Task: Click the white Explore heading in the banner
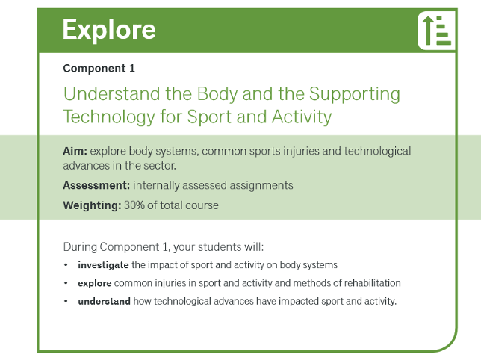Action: [x=109, y=30]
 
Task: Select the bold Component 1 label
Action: [x=99, y=69]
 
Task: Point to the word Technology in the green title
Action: [x=108, y=117]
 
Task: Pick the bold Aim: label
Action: [x=75, y=151]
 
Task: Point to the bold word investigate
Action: [x=103, y=265]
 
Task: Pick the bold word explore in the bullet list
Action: [x=95, y=284]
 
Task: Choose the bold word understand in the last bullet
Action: [x=104, y=302]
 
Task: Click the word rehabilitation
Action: [x=371, y=284]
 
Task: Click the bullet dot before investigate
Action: [x=66, y=265]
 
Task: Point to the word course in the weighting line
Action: [x=202, y=205]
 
